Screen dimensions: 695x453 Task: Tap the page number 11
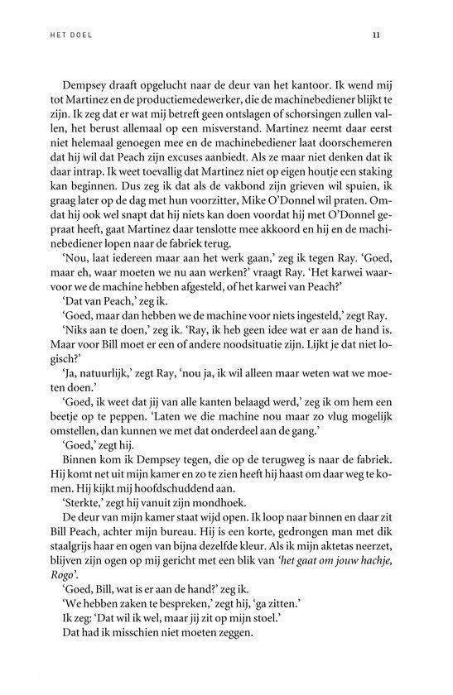pyautogui.click(x=376, y=36)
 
